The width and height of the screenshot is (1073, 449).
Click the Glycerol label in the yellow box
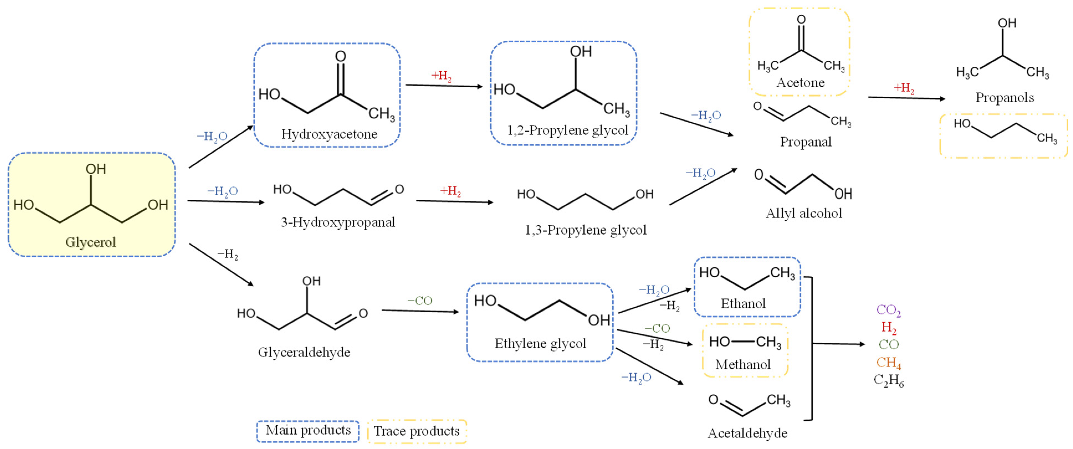[90, 242]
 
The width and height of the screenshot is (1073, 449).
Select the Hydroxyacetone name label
[329, 134]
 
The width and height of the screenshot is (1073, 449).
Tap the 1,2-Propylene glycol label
[567, 130]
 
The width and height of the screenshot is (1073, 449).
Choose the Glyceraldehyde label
[304, 352]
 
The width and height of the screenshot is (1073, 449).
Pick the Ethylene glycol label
[540, 344]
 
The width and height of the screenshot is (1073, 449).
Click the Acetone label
[800, 83]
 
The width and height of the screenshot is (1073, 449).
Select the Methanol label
[743, 365]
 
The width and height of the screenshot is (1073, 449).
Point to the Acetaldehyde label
[747, 433]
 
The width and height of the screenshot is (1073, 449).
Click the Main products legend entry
[308, 430]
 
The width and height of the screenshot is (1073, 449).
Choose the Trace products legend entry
[416, 431]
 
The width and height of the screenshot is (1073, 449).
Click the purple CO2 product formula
[888, 310]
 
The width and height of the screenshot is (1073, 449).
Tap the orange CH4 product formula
[888, 363]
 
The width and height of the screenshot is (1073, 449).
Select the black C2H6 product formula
[888, 380]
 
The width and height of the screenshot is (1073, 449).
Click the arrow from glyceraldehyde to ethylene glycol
[420, 311]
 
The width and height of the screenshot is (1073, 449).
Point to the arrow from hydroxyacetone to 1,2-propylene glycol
[444, 86]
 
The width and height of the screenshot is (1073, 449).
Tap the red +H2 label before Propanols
[904, 88]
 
